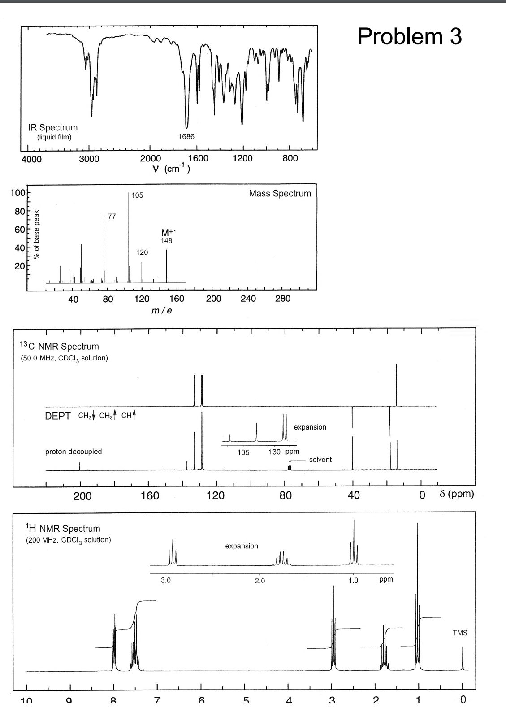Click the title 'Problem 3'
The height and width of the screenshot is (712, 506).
[410, 36]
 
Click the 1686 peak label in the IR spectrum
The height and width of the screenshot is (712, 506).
[186, 136]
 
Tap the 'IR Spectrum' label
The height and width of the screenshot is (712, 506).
[53, 128]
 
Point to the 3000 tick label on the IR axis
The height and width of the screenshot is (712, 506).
[89, 159]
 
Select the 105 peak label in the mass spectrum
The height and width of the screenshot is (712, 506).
[138, 195]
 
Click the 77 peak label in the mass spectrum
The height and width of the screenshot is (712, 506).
[112, 217]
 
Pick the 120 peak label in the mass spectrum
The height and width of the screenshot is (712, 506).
[142, 252]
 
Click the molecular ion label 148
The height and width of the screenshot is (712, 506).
[166, 241]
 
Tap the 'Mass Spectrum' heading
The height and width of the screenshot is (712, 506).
[280, 194]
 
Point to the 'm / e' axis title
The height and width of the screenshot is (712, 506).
[162, 310]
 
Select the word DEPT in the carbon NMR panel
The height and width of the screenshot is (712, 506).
[57, 416]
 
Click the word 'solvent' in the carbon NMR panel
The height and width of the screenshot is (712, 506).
[320, 460]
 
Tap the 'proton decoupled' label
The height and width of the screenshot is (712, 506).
[74, 452]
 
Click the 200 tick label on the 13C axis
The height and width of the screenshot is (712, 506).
[82, 496]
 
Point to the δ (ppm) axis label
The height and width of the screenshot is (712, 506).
[456, 494]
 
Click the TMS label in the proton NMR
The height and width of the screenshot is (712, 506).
[460, 633]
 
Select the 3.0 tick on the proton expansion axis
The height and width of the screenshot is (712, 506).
[166, 580]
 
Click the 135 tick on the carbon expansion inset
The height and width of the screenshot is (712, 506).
[243, 452]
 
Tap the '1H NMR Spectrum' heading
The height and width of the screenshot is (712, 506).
[63, 529]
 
